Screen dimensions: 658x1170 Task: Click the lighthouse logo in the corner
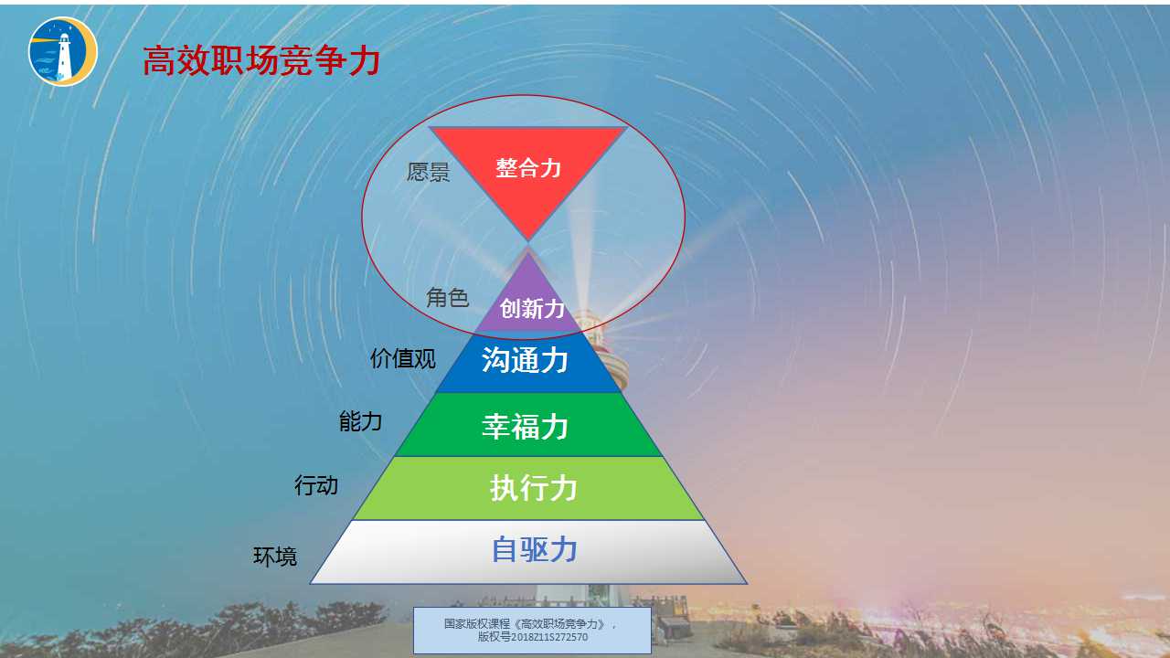(x=63, y=51)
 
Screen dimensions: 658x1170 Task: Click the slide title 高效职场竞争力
(x=261, y=61)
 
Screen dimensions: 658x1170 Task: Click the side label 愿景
(x=429, y=172)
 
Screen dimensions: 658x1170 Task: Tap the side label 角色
(x=448, y=297)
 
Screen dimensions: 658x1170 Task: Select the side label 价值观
(x=402, y=358)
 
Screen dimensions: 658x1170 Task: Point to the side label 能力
(x=360, y=421)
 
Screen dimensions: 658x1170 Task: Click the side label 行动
(x=316, y=485)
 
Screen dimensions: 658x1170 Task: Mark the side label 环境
(x=275, y=556)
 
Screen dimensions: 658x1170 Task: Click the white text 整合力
(x=528, y=168)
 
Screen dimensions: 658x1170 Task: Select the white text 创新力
(x=533, y=309)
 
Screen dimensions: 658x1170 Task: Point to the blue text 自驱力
(x=535, y=549)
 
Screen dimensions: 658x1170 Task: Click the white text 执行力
(x=534, y=488)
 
